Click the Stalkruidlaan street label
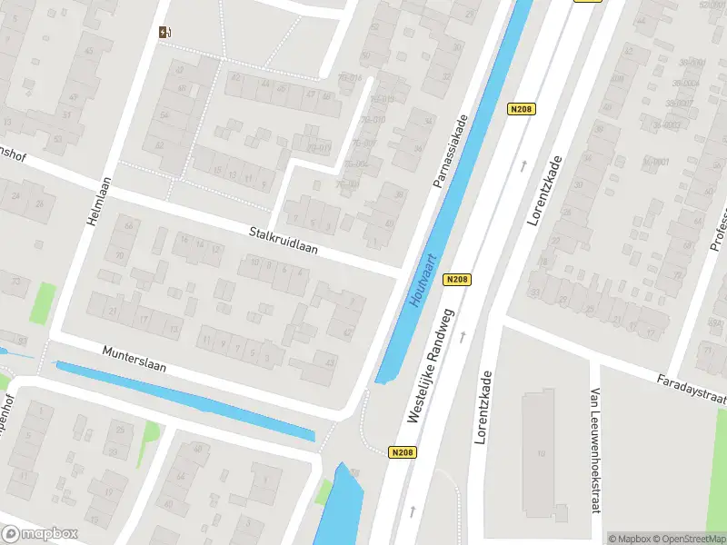click(x=283, y=240)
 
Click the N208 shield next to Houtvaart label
click(x=457, y=280)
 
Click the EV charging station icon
click(x=164, y=33)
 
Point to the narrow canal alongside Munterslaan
click(x=182, y=401)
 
